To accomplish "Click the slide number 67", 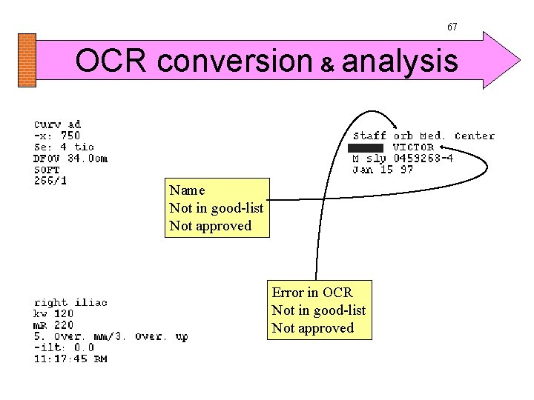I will click(x=452, y=27).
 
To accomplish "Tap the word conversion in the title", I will click(x=235, y=61).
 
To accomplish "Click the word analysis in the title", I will click(x=399, y=61).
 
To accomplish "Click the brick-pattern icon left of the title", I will click(x=27, y=60).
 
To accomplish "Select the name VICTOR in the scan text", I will click(x=413, y=147).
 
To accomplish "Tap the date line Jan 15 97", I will click(x=383, y=169).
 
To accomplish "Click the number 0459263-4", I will click(x=423, y=158).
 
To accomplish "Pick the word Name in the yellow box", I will click(x=187, y=190).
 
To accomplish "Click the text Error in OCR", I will click(x=312, y=293).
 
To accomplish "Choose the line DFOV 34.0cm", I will click(x=70, y=158).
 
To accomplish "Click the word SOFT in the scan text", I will click(x=46, y=169).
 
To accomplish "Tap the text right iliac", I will click(x=70, y=302).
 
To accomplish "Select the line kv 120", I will click(x=53, y=313).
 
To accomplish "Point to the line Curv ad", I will click(x=57, y=124).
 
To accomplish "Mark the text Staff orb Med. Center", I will click(x=423, y=136).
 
